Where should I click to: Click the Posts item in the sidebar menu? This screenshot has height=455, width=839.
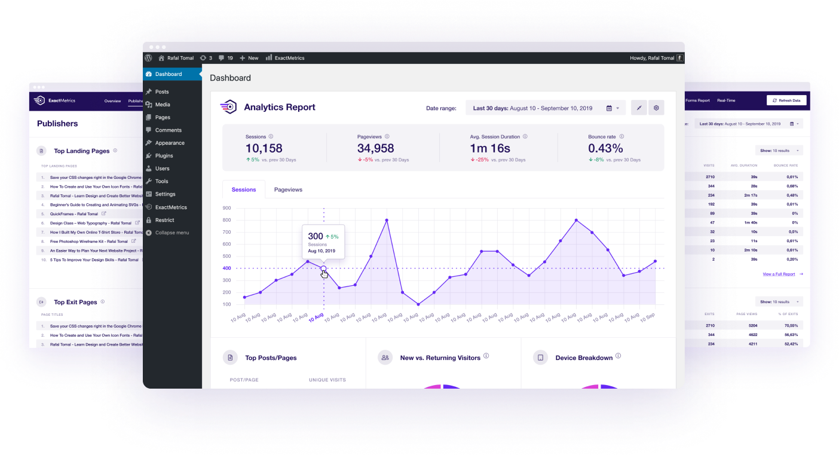[x=161, y=91]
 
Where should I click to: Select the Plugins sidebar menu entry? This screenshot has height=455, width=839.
[x=164, y=155]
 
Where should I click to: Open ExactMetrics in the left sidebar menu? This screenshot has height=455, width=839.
[x=171, y=207]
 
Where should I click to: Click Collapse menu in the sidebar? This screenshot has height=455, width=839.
[x=172, y=233]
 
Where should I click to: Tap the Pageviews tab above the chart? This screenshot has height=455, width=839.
[x=288, y=190]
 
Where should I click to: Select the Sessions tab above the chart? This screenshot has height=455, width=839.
[x=244, y=190]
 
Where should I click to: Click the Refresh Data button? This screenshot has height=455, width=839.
[x=786, y=100]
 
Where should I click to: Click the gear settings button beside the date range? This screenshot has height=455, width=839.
[x=656, y=108]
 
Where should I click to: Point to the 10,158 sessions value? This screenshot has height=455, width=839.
[x=264, y=148]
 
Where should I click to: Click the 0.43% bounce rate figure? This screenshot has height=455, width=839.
[x=605, y=148]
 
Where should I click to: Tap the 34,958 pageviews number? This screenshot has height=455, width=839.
[x=375, y=148]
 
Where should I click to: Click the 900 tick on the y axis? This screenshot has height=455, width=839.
[x=226, y=208]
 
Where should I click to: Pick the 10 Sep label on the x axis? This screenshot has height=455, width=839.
[x=647, y=316]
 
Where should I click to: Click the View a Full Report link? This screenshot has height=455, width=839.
[x=779, y=274]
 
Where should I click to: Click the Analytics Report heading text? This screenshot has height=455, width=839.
[x=280, y=108]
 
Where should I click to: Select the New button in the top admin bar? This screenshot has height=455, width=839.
[x=249, y=58]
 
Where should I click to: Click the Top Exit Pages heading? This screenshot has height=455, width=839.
[x=75, y=302]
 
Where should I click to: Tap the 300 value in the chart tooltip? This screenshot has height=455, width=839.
[x=316, y=236]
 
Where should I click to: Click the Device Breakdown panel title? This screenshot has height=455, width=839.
[x=584, y=358]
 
